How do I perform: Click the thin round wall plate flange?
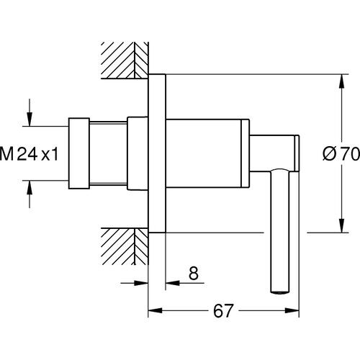click(156, 153)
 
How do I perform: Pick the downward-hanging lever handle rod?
click(277, 230)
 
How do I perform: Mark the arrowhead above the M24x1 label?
click(30, 120)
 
